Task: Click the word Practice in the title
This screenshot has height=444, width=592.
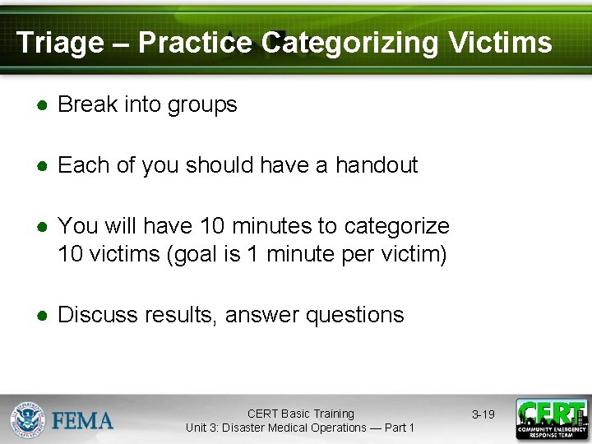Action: click(195, 43)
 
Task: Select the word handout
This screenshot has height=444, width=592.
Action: click(377, 165)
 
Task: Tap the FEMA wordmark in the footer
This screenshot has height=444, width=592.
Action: click(83, 421)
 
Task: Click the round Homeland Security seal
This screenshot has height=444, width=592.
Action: click(28, 420)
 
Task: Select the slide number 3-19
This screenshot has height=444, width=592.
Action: click(482, 414)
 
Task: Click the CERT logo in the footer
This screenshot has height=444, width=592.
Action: click(551, 419)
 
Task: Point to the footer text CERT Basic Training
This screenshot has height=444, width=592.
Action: click(300, 414)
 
